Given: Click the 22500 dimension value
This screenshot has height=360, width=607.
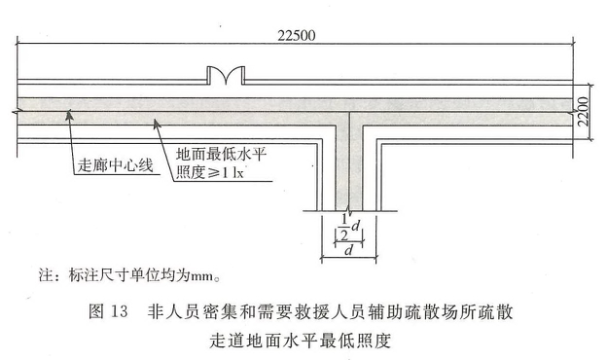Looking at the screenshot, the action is pyautogui.click(x=297, y=36).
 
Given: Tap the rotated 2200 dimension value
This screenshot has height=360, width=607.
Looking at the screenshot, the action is pyautogui.click(x=583, y=112).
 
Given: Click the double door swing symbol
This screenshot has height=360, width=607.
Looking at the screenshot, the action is pyautogui.click(x=226, y=76).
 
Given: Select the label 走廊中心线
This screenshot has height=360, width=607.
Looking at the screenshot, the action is pyautogui.click(x=116, y=165).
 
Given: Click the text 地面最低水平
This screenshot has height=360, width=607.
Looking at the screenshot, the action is pyautogui.click(x=222, y=155).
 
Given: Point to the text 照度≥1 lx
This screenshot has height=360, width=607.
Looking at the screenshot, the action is pyautogui.click(x=210, y=172).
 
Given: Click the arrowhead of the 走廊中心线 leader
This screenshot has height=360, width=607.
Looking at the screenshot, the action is pyautogui.click(x=69, y=115).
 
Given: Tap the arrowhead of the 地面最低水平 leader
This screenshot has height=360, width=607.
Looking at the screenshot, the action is pyautogui.click(x=156, y=124).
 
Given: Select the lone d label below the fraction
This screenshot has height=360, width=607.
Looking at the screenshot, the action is pyautogui.click(x=349, y=250).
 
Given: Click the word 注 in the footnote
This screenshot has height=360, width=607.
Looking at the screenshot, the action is pyautogui.click(x=46, y=275).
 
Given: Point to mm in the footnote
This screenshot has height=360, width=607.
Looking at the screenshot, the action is pyautogui.click(x=201, y=276).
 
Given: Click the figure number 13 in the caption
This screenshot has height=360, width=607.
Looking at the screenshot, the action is pyautogui.click(x=119, y=311).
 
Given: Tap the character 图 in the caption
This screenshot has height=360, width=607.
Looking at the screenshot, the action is pyautogui.click(x=96, y=311).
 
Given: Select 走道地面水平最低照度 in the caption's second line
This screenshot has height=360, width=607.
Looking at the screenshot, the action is pyautogui.click(x=300, y=341).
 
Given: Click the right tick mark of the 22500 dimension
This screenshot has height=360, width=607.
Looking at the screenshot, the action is pyautogui.click(x=573, y=44).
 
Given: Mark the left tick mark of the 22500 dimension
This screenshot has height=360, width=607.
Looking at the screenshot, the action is pyautogui.click(x=18, y=44).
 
